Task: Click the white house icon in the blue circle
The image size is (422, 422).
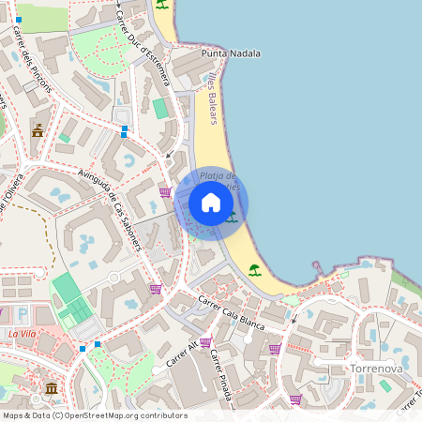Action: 211,203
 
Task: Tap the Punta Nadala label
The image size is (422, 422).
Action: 231,53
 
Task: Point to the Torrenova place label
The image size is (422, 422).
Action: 375,369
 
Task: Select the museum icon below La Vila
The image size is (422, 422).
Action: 51,387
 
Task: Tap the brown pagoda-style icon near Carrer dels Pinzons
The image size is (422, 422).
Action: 38,129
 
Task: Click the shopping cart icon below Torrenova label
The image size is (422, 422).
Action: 295,399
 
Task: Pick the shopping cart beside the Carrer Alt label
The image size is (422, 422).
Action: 205,342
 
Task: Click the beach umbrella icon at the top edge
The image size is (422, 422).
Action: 162,5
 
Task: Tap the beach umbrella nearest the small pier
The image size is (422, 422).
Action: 254,270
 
